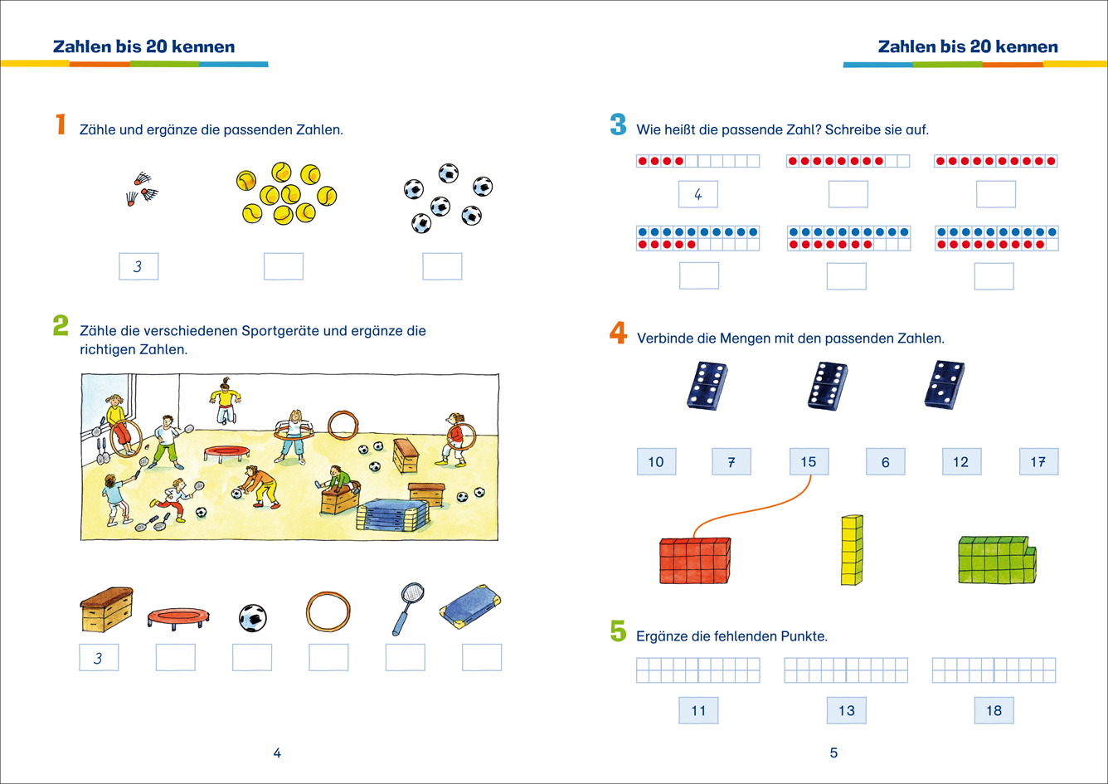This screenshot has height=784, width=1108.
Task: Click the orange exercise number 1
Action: click(x=60, y=125)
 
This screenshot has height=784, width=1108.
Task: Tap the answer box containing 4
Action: click(x=697, y=194)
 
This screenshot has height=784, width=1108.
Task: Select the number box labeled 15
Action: click(x=809, y=461)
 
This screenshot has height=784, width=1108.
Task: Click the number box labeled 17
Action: click(x=1038, y=461)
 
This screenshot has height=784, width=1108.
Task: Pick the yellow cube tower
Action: click(x=852, y=550)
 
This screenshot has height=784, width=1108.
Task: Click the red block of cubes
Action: click(x=695, y=560)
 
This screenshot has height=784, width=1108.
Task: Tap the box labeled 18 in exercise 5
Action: click(x=994, y=710)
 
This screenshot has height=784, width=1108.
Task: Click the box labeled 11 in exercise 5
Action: click(x=698, y=710)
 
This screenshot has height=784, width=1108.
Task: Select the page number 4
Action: click(x=277, y=752)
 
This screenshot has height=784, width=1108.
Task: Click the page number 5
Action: click(x=833, y=752)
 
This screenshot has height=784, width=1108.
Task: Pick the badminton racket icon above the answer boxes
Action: click(x=406, y=607)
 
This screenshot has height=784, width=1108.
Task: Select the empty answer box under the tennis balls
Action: click(x=284, y=266)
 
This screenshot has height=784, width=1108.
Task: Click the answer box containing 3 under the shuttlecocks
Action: click(x=138, y=266)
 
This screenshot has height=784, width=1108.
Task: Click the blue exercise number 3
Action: click(x=618, y=126)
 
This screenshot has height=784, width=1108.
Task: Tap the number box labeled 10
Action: click(x=656, y=461)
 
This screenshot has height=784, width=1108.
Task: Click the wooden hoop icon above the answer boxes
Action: click(x=328, y=612)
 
